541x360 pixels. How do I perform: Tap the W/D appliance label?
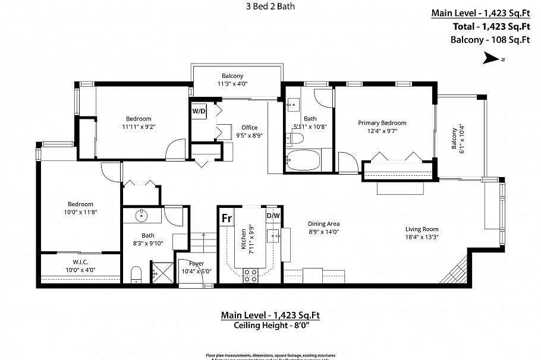coord(198,111)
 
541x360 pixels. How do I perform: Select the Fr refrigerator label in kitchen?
coord(227,218)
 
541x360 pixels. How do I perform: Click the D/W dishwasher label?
coord(273,216)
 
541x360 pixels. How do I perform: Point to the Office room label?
coord(249,127)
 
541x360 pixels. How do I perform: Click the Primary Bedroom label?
coord(386,123)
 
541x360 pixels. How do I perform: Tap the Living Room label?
coord(422,229)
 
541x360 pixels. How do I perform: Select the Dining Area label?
coord(324,224)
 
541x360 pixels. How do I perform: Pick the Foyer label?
coord(196,263)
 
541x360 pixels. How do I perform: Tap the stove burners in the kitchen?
coord(251,275)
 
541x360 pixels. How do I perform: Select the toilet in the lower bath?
coord(136,274)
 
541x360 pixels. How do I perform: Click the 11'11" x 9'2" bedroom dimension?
coord(138,127)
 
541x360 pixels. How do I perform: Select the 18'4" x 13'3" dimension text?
coord(422,237)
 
